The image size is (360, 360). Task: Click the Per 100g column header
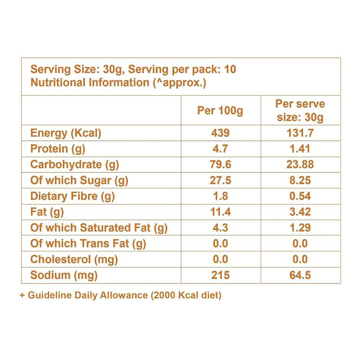[220, 111]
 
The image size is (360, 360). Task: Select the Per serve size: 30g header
[300, 110]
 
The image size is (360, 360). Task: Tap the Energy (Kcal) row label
[65, 133]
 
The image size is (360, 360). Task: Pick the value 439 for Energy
[220, 133]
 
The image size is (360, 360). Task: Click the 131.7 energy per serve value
[300, 133]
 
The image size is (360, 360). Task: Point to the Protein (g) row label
[57, 149]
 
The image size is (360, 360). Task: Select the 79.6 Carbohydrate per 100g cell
[220, 165]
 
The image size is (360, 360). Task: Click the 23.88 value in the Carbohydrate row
[300, 165]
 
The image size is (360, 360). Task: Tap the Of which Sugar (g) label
[79, 180]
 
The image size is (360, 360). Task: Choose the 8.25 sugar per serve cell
[300, 180]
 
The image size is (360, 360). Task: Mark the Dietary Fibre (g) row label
[72, 196]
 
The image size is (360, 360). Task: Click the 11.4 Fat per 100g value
[220, 212]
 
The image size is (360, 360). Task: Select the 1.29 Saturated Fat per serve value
[300, 228]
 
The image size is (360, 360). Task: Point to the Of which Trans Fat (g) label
[88, 244]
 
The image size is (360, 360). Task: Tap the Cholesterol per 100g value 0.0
[220, 259]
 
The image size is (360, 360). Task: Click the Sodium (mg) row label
[64, 275]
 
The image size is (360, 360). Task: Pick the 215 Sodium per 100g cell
[220, 275]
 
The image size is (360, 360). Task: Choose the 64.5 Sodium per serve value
[300, 275]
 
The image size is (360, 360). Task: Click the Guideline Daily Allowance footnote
[120, 295]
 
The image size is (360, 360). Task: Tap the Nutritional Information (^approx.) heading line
[118, 83]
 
